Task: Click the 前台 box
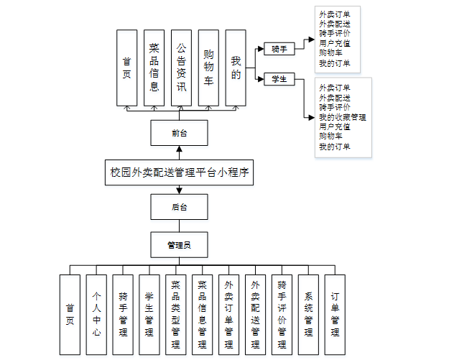(179, 132)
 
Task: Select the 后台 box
(179, 207)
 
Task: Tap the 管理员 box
(179, 244)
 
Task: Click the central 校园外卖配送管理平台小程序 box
(179, 172)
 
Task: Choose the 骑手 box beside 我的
(279, 50)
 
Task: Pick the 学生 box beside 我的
(279, 79)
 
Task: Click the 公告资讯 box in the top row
(181, 68)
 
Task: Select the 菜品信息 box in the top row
(154, 68)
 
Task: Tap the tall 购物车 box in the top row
(208, 68)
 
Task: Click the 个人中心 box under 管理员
(96, 315)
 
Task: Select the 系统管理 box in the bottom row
(308, 315)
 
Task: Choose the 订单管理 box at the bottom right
(335, 315)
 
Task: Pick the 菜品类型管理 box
(176, 315)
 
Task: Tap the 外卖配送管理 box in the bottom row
(255, 315)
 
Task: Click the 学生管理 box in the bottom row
(149, 315)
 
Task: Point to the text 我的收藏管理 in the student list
(343, 117)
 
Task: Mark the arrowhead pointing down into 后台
(179, 190)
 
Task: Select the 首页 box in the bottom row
(70, 315)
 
